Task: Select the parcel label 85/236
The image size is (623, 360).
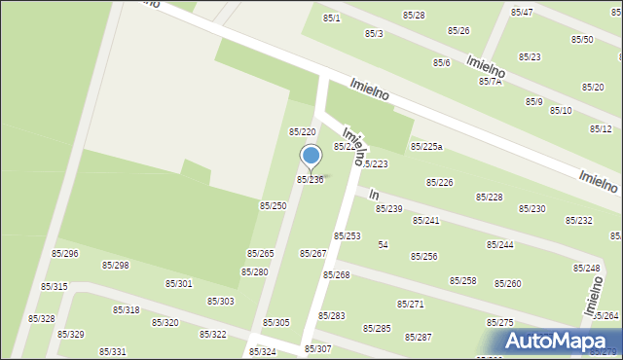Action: [310, 180]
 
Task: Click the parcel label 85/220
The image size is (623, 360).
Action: [302, 131]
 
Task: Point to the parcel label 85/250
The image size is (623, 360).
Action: [273, 205]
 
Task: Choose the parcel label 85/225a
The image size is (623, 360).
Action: [426, 147]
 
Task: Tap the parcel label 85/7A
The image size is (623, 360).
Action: [490, 82]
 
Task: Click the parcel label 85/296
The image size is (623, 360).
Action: [65, 253]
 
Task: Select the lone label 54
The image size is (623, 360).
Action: [384, 244]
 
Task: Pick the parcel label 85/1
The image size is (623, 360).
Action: [332, 18]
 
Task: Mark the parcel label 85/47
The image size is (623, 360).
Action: [522, 12]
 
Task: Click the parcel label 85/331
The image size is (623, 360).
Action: [113, 351]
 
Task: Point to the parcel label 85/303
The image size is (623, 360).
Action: [220, 301]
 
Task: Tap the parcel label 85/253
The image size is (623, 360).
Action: [348, 236]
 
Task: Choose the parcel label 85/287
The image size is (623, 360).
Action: [419, 337]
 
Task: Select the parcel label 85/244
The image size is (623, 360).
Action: [500, 245]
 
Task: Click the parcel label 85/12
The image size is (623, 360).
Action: [601, 128]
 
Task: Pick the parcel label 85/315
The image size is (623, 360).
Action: [55, 286]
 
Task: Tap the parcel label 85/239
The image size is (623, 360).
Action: [388, 209]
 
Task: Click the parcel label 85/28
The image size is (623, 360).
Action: [414, 16]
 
